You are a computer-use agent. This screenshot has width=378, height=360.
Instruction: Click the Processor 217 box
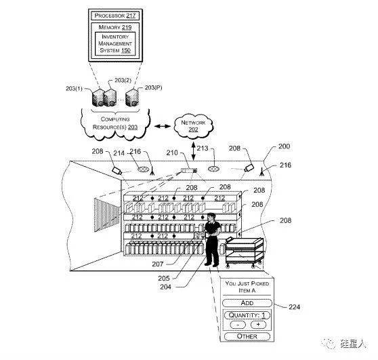tap(115, 16)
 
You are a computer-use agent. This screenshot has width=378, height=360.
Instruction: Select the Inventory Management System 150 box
tap(115, 43)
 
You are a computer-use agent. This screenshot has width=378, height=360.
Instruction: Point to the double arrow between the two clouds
tap(163, 126)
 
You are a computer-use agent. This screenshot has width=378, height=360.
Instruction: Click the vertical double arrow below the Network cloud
tap(193, 151)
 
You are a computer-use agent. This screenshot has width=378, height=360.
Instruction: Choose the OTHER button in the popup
tap(247, 336)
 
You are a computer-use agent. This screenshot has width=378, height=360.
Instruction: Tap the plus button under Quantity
tap(258, 325)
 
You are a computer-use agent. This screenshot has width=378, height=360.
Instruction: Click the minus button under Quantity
tap(238, 325)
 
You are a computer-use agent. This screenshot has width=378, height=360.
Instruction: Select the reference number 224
tap(295, 307)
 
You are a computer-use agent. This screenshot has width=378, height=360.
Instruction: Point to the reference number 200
tap(285, 146)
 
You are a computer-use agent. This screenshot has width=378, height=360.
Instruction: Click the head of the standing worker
tap(211, 217)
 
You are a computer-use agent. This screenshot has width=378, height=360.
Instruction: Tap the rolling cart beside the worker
tap(244, 252)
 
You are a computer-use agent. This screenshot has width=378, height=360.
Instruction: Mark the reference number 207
tap(158, 264)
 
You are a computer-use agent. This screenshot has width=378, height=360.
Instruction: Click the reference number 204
tap(165, 287)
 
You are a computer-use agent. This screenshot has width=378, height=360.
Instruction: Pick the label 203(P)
tap(153, 87)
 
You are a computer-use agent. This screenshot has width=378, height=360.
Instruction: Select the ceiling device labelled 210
tap(189, 171)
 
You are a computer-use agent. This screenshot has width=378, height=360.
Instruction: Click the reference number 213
tap(203, 148)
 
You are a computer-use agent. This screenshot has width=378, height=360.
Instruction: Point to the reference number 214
tap(119, 153)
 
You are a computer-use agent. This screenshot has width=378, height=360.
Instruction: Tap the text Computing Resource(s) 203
tap(115, 123)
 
